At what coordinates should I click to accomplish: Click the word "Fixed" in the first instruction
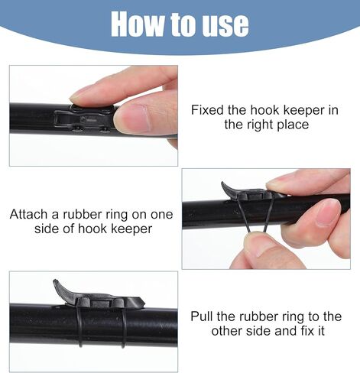click(207, 110)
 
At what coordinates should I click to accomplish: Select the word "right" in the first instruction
click(260, 125)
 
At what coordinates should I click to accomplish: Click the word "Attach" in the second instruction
click(29, 214)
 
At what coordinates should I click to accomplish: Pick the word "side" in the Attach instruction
click(47, 229)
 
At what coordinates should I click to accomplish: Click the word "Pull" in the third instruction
click(202, 316)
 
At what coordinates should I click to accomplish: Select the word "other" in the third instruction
click(227, 331)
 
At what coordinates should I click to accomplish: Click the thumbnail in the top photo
click(131, 118)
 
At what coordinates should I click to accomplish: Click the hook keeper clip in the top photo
click(84, 119)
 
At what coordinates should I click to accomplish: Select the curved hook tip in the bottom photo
click(58, 286)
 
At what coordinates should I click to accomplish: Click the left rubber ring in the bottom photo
click(79, 326)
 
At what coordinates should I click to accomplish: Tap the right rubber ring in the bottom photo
click(123, 327)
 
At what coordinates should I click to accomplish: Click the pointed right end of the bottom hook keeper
click(144, 303)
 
